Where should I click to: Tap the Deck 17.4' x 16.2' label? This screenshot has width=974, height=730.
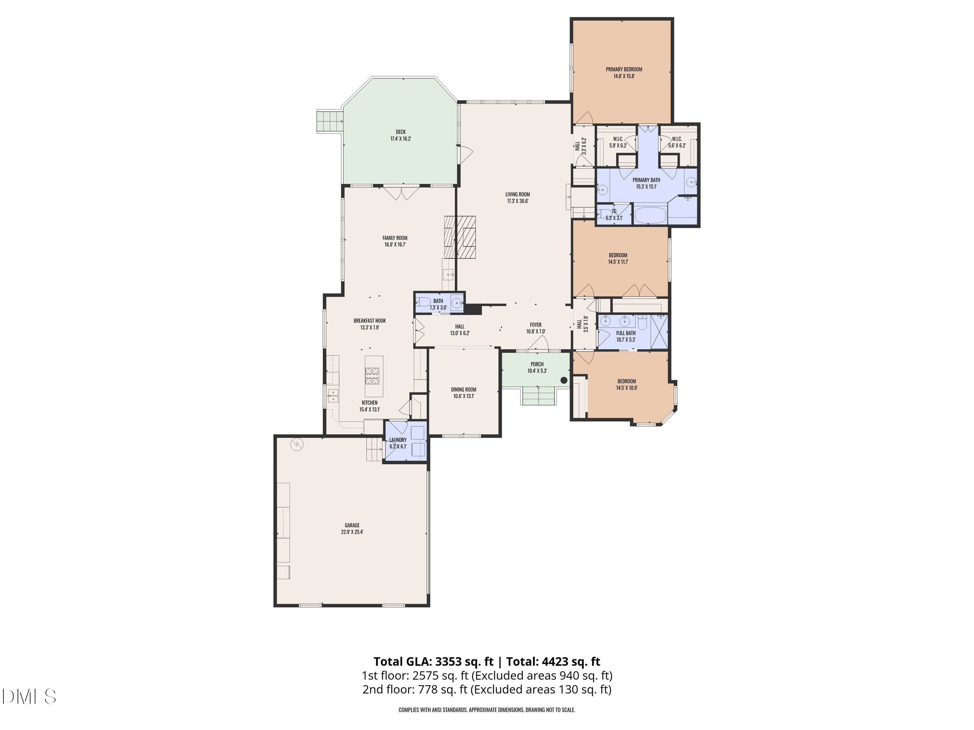tap(400, 135)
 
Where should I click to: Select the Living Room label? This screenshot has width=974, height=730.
tap(518, 198)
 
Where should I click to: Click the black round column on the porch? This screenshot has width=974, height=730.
tap(564, 380)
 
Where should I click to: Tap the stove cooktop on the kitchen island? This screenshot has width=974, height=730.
tap(372, 376)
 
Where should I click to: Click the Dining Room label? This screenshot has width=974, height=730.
tap(464, 393)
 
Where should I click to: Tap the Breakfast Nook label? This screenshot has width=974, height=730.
tap(369, 324)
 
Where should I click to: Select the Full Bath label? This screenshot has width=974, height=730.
tap(626, 336)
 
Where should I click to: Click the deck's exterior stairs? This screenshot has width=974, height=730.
tap(329, 121)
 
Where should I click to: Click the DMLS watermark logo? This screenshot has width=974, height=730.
tap(29, 696)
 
